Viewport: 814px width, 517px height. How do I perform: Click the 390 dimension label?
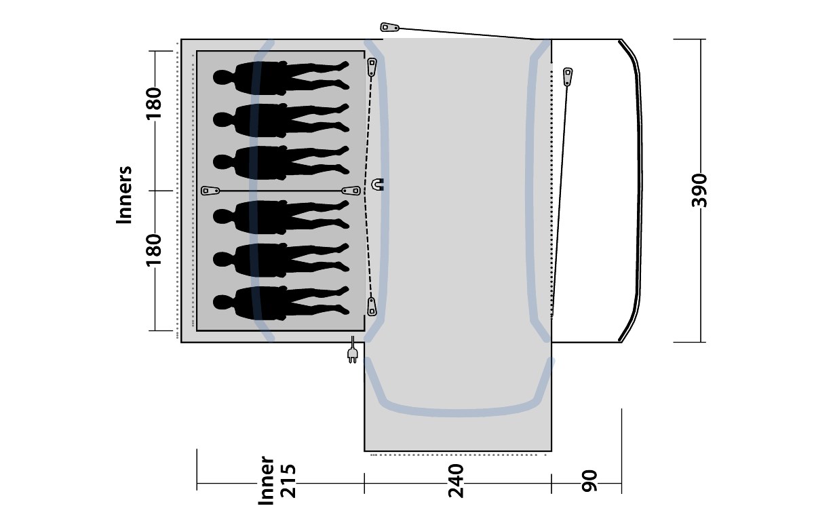click(699, 191)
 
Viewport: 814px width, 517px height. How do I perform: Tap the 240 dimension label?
click(456, 480)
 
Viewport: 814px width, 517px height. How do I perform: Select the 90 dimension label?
click(589, 481)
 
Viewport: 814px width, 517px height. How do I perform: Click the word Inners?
click(124, 195)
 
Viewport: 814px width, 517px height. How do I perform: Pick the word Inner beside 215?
click(266, 480)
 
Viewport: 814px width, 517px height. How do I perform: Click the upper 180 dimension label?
click(154, 104)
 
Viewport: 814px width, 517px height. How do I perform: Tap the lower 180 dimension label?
click(154, 250)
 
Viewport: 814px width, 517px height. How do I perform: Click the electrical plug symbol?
click(352, 350)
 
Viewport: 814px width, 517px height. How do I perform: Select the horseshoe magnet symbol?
click(378, 185)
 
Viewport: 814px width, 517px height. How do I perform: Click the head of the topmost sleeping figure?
click(222, 77)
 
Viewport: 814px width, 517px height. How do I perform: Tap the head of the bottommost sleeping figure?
click(222, 303)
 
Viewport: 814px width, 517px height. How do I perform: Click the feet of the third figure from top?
click(343, 160)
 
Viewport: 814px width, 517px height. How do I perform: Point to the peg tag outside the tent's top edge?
click(389, 27)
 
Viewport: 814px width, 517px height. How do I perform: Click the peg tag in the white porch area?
click(568, 77)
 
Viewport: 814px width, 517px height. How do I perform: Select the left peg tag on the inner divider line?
click(210, 191)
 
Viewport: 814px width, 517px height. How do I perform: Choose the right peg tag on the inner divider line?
click(351, 191)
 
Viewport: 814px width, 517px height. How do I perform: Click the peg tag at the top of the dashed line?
click(372, 67)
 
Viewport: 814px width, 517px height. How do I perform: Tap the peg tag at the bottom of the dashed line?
click(372, 307)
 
